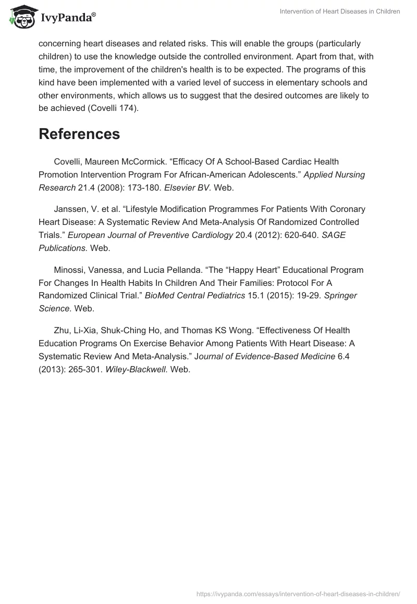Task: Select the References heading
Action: [x=79, y=134]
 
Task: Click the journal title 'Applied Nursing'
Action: [x=334, y=175]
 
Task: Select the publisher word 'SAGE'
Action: [x=334, y=235]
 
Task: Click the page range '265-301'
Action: [x=84, y=370]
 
